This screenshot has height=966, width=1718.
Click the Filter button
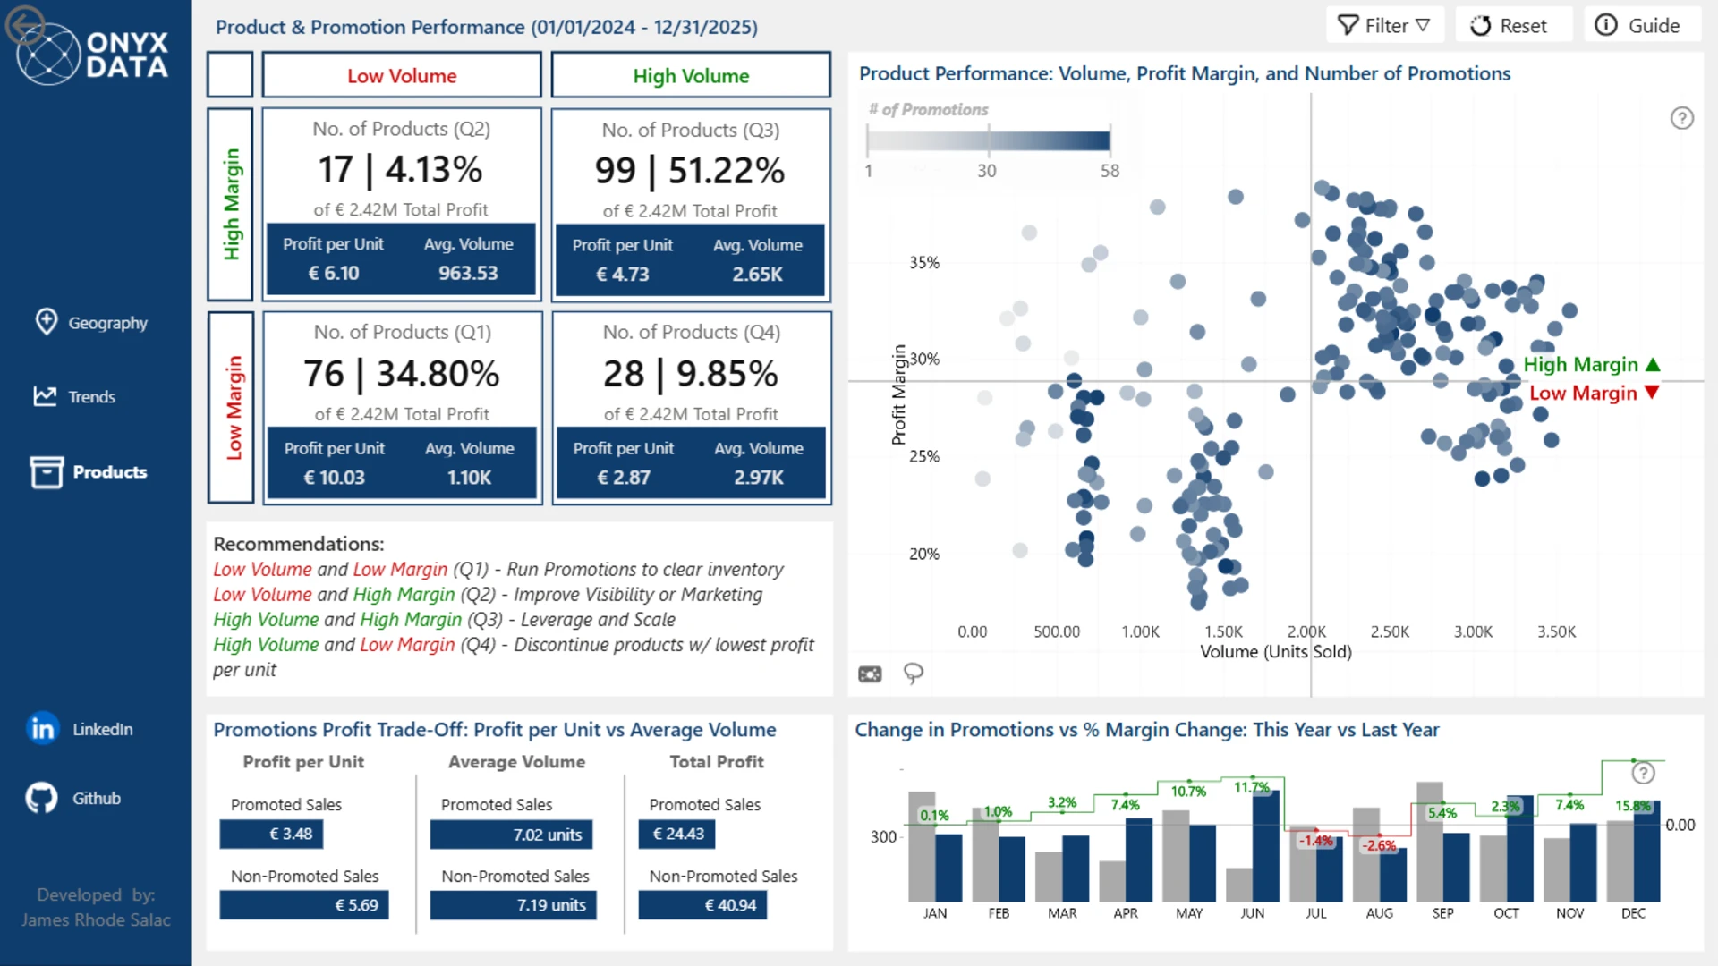(x=1384, y=26)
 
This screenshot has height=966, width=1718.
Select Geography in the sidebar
(x=91, y=323)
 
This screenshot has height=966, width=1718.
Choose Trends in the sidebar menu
(x=75, y=396)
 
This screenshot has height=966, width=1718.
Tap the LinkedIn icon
(x=42, y=729)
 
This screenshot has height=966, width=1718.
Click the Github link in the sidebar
(x=73, y=798)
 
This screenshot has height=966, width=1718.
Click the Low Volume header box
(x=402, y=75)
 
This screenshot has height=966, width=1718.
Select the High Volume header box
(x=691, y=75)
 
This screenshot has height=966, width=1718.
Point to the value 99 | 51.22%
(x=690, y=171)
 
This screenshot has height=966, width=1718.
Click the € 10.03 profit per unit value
(x=335, y=478)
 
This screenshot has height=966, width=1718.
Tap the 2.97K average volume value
(x=759, y=478)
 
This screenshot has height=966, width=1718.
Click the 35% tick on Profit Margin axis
(x=924, y=263)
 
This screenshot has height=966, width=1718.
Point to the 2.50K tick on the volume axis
(x=1390, y=631)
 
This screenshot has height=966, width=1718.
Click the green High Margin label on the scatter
(x=1581, y=365)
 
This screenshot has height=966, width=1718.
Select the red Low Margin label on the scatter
(x=1583, y=394)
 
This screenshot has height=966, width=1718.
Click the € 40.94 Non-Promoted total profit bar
(x=702, y=905)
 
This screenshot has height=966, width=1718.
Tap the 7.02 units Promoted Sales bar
(x=511, y=835)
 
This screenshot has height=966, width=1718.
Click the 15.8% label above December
(x=1633, y=806)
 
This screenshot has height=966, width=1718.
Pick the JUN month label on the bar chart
(x=1253, y=913)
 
